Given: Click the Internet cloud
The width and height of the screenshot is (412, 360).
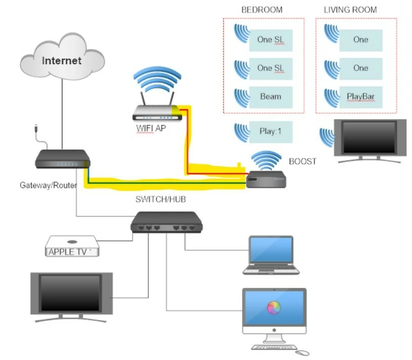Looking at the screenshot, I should click(62, 60).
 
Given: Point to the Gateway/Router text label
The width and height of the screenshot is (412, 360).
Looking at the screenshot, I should click(48, 185).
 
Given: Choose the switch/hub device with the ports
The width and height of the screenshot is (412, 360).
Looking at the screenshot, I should click(166, 222).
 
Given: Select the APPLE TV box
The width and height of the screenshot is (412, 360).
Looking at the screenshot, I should click(72, 247).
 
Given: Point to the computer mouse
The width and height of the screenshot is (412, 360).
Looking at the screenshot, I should click(302, 352).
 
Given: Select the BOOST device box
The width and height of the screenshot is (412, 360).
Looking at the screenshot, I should click(266, 179).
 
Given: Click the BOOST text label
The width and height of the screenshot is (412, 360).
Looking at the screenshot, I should click(302, 162).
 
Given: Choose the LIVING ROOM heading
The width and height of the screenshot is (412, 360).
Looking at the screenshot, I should click(350, 10).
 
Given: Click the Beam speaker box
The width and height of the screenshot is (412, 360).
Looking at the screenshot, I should click(271, 97).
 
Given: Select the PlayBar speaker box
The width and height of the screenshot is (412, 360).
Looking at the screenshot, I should click(360, 97).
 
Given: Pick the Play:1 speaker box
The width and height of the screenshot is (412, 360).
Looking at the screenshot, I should click(271, 131).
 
